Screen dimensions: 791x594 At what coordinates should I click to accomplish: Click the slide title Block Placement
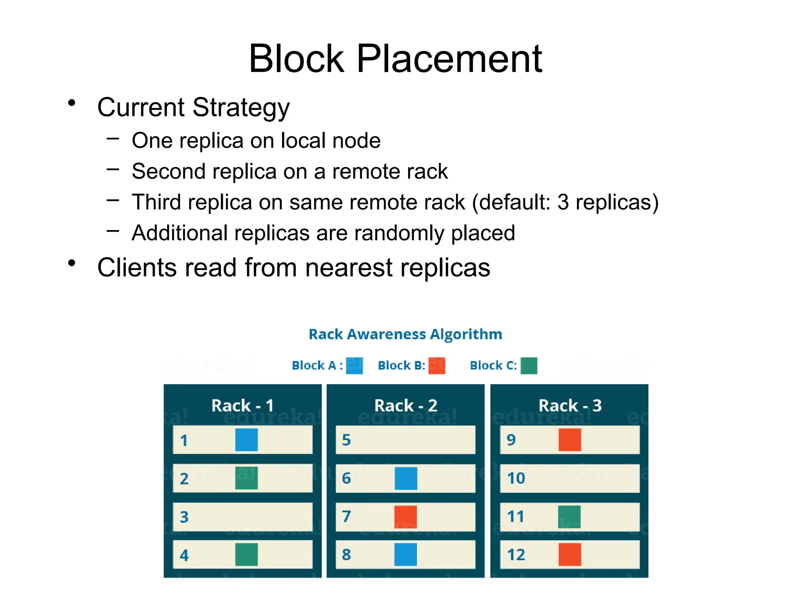pyautogui.click(x=395, y=59)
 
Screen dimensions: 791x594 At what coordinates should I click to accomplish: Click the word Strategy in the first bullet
pyautogui.click(x=241, y=108)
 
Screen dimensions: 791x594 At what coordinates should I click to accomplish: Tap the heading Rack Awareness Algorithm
pyautogui.click(x=405, y=334)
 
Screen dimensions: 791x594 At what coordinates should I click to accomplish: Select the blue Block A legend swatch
pyautogui.click(x=354, y=365)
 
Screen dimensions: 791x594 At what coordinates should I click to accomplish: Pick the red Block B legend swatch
pyautogui.click(x=437, y=365)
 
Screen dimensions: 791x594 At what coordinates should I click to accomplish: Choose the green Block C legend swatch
pyautogui.click(x=529, y=365)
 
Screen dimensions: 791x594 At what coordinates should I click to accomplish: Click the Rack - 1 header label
pyautogui.click(x=243, y=406)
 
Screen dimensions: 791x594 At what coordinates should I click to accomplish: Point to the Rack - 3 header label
pyautogui.click(x=570, y=406)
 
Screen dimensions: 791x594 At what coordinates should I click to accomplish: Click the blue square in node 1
pyautogui.click(x=246, y=440)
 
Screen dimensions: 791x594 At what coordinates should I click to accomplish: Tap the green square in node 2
pyautogui.click(x=246, y=478)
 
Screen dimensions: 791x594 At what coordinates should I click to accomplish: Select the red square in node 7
pyautogui.click(x=406, y=517)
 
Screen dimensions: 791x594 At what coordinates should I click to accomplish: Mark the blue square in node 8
pyautogui.click(x=406, y=555)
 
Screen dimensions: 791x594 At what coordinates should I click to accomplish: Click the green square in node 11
pyautogui.click(x=569, y=517)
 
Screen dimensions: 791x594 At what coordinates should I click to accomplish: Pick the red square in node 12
pyautogui.click(x=570, y=555)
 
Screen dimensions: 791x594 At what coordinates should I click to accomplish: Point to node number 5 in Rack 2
pyautogui.click(x=346, y=440)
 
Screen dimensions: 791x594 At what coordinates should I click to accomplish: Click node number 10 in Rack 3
pyautogui.click(x=516, y=478)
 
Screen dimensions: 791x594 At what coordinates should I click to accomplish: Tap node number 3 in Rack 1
pyautogui.click(x=184, y=517)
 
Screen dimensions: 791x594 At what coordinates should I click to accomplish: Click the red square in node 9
pyautogui.click(x=570, y=440)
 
